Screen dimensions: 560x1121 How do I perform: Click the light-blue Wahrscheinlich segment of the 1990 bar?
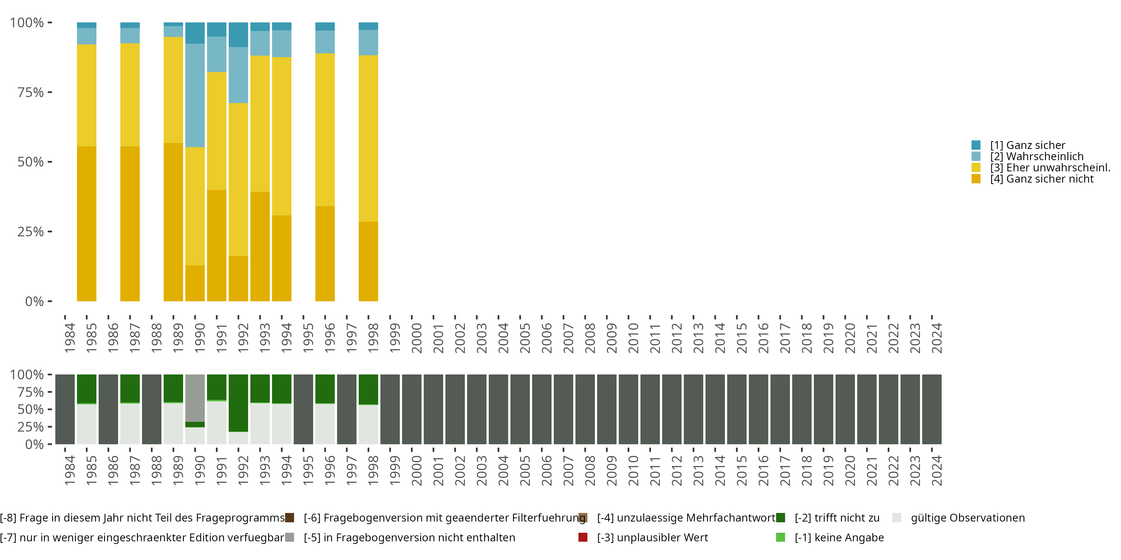tap(195, 95)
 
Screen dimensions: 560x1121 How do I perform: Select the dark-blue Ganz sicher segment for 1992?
tap(238, 34)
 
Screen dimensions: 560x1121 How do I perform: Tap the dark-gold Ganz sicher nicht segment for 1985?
tap(87, 224)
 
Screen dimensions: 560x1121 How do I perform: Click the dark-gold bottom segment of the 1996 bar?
tap(325, 253)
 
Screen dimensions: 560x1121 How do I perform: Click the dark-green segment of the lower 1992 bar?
tap(238, 402)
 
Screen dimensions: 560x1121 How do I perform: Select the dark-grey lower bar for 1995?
tap(303, 409)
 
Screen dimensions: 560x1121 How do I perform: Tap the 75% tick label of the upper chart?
tap(31, 92)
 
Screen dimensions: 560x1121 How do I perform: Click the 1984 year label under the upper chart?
tap(70, 338)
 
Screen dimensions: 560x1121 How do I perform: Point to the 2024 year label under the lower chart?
tap(936, 470)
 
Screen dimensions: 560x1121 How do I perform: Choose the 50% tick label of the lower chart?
tap(31, 410)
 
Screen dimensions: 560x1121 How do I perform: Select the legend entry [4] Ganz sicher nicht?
tap(1041, 179)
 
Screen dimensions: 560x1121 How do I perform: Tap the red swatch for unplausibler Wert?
tap(583, 537)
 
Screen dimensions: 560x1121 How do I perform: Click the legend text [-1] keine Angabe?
tap(839, 537)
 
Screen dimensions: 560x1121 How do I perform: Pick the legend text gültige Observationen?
tap(967, 518)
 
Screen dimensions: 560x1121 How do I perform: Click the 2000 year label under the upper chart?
tap(417, 338)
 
